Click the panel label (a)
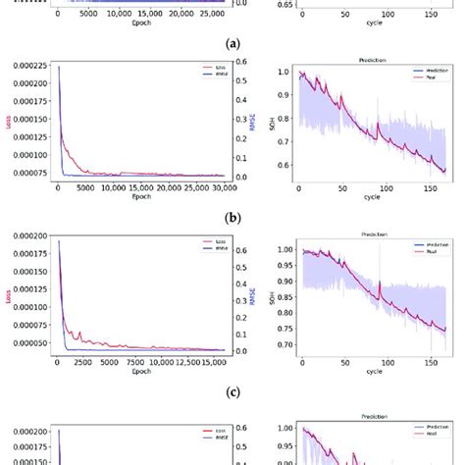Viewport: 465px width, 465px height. pos(232,44)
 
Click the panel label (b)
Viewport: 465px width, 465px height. pos(232,218)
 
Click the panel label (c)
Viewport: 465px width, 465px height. pos(232,392)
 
